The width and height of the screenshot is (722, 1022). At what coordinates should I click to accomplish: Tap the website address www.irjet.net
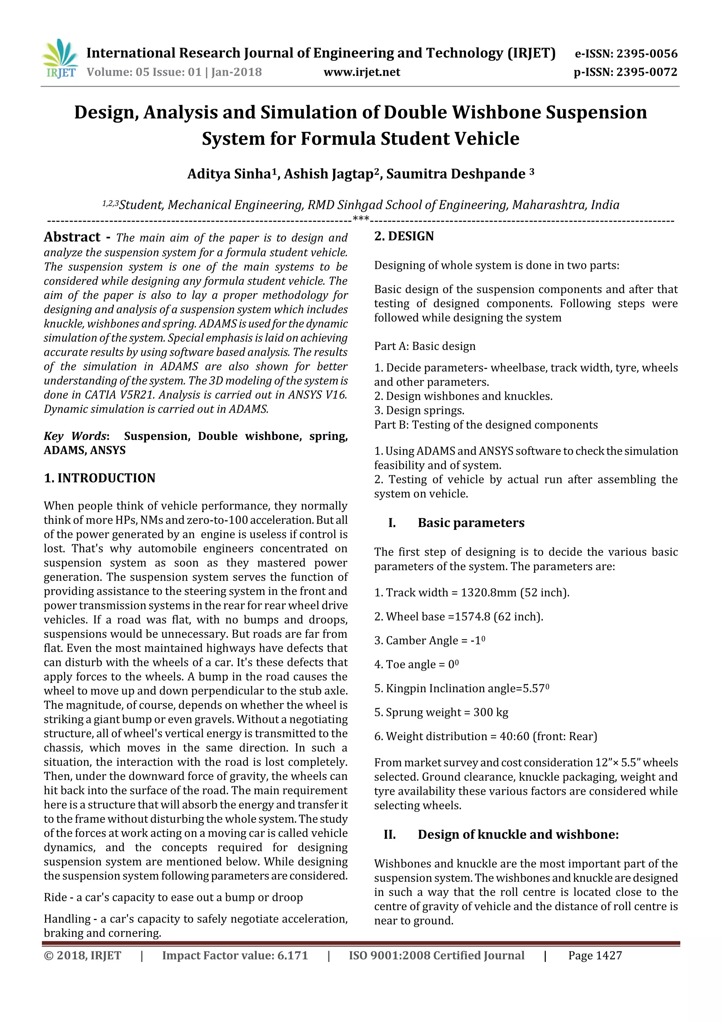point(362,72)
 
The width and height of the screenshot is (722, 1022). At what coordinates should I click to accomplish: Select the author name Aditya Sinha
point(229,174)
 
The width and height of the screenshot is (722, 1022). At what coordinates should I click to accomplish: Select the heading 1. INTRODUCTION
point(100,478)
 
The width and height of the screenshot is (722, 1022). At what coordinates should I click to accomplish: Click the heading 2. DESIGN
point(404,236)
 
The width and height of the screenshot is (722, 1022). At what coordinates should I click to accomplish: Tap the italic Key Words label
point(76,436)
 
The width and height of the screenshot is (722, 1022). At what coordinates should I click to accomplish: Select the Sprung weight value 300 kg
point(491,712)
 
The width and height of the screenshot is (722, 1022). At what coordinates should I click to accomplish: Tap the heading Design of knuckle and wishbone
point(518,834)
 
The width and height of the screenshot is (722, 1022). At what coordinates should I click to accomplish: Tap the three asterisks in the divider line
point(361,219)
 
